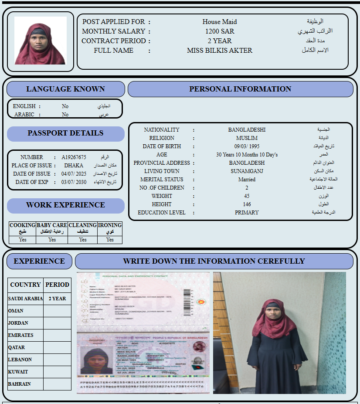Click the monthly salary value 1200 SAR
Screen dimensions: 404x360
(x=220, y=31)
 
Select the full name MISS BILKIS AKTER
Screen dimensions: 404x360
(x=220, y=51)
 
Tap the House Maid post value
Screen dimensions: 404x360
(x=220, y=22)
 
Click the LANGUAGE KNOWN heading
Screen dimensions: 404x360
(x=65, y=89)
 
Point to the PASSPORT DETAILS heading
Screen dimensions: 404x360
(x=65, y=133)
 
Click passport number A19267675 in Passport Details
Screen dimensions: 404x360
(x=74, y=157)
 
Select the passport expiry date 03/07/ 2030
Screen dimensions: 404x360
(x=74, y=182)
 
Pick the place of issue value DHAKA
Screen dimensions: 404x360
(x=74, y=166)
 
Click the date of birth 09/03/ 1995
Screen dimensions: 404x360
(x=247, y=146)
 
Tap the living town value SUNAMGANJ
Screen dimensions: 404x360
(x=247, y=171)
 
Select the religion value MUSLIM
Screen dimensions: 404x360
(x=247, y=138)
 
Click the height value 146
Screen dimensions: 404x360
(x=247, y=204)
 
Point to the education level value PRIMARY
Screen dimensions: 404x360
(x=247, y=213)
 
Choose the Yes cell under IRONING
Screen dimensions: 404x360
(x=110, y=240)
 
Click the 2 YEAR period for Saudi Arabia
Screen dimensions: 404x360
(x=57, y=299)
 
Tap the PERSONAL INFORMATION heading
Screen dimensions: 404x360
(x=240, y=89)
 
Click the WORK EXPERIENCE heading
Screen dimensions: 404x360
(x=65, y=205)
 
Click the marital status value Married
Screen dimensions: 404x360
(x=247, y=180)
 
